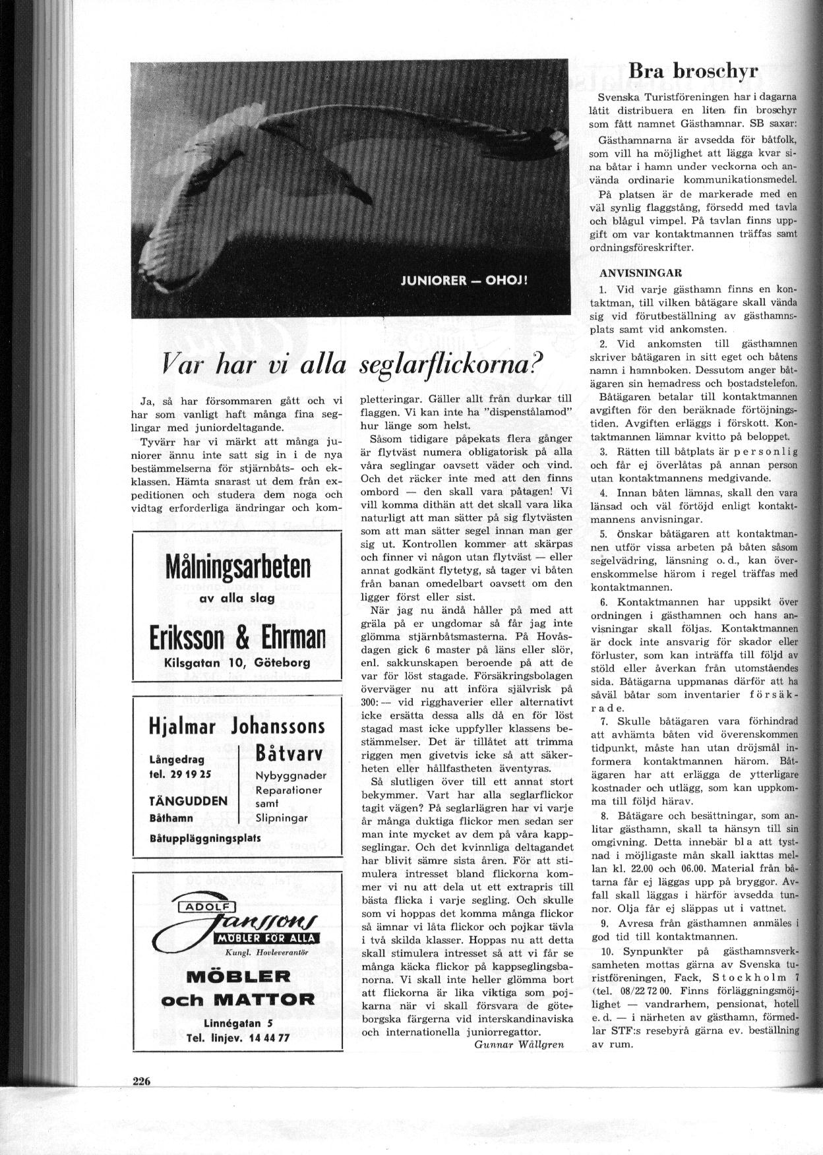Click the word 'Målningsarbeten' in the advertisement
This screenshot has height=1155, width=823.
(238, 566)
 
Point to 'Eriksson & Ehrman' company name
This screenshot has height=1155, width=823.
(237, 637)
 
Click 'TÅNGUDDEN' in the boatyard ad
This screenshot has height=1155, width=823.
(189, 801)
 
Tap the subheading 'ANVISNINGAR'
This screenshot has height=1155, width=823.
(631, 273)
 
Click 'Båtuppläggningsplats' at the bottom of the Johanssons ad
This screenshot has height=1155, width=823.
(206, 838)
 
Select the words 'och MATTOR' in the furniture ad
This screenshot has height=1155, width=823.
(237, 999)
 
